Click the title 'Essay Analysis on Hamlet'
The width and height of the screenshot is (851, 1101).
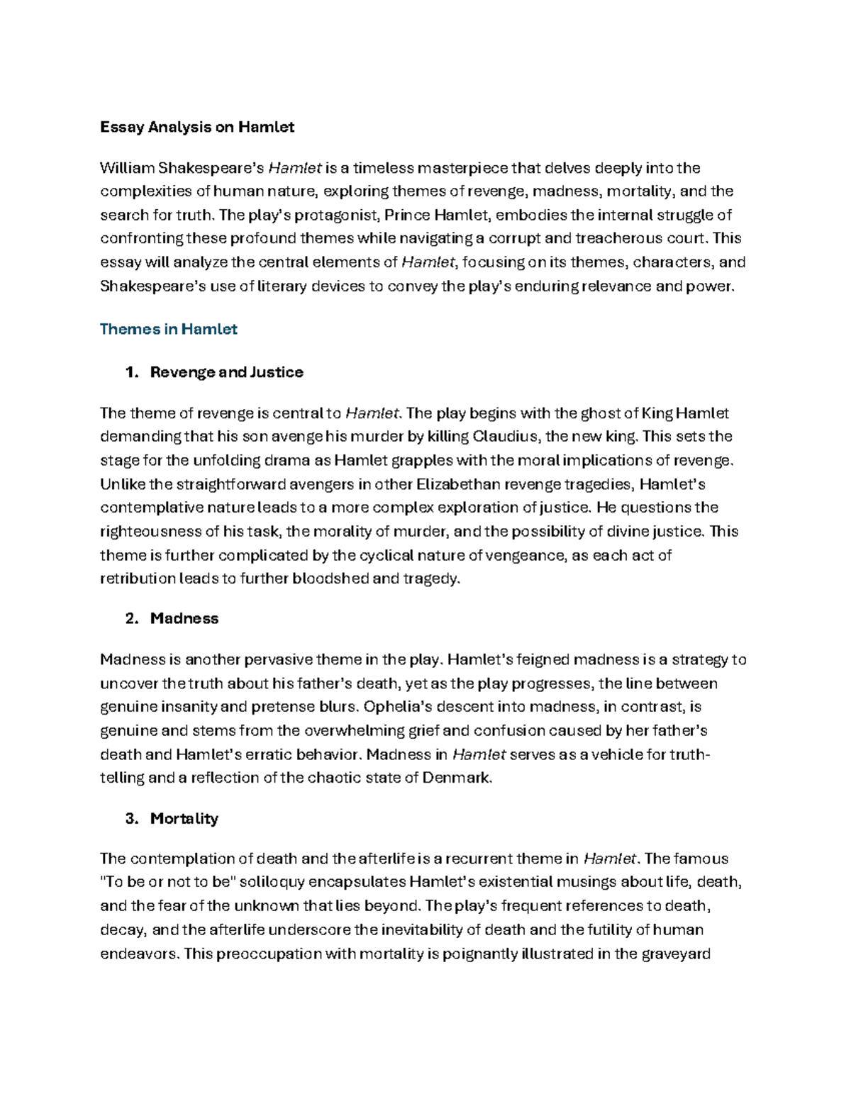point(196,128)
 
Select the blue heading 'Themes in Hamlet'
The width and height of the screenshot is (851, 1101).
point(168,329)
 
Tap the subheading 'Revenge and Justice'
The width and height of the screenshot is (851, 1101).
point(226,372)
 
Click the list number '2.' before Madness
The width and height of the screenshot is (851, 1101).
point(132,618)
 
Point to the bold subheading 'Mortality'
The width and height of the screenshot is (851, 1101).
point(184,818)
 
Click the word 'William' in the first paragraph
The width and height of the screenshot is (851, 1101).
point(127,168)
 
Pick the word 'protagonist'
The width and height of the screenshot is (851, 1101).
point(336,215)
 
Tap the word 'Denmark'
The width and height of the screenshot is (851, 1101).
point(455,778)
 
